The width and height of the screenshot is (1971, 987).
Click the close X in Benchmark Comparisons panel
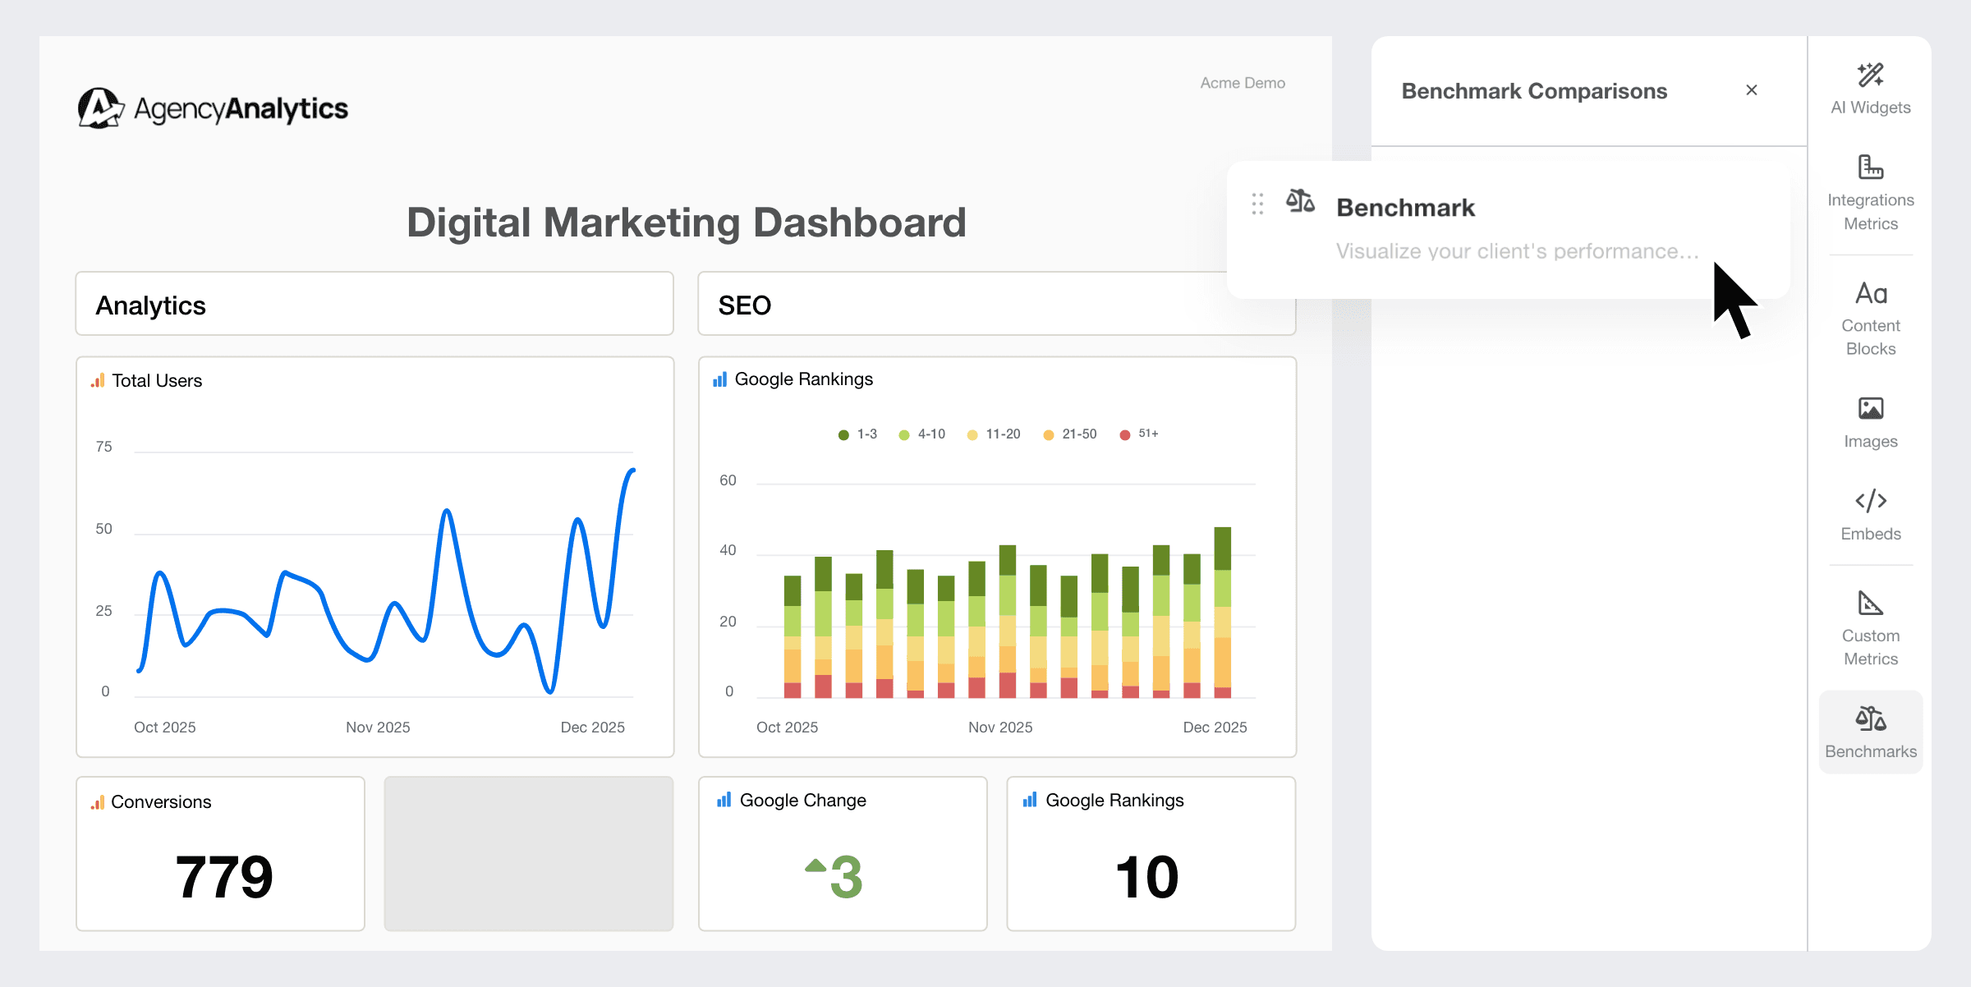(x=1751, y=90)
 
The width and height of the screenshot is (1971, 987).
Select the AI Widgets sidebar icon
(x=1870, y=76)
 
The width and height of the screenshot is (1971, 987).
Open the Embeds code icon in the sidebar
(x=1870, y=500)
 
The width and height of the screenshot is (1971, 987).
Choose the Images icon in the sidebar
(x=1870, y=408)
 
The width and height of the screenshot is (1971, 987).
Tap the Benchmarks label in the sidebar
(x=1870, y=751)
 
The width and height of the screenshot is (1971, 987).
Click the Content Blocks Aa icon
(x=1871, y=293)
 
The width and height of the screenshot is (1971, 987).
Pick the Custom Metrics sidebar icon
(x=1870, y=604)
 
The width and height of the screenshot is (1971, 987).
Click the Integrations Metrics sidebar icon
(x=1870, y=168)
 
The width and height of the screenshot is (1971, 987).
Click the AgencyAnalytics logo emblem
(x=100, y=108)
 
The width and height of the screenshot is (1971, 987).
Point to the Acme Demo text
(x=1242, y=83)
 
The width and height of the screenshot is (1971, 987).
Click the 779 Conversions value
(x=223, y=877)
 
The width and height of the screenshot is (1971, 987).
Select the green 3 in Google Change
(x=845, y=877)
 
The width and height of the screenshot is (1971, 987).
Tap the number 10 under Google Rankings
(x=1146, y=877)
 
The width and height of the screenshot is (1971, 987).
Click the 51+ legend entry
(x=1139, y=434)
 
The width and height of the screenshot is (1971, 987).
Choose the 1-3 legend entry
(x=857, y=434)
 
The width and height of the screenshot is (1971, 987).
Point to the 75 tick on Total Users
(x=103, y=447)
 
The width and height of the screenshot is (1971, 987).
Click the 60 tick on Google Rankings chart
(x=728, y=480)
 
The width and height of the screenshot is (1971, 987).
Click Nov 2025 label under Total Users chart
(x=378, y=728)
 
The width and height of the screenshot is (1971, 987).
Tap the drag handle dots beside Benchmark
(x=1257, y=204)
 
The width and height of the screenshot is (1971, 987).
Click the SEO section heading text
(x=744, y=305)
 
